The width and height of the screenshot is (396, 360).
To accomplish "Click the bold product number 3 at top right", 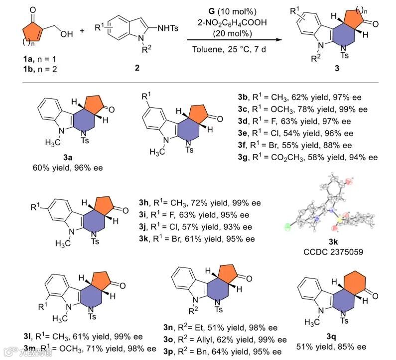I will (x=338, y=70).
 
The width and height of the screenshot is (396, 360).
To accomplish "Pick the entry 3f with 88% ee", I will (x=299, y=145).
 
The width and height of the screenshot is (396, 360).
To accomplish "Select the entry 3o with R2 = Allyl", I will (x=225, y=340).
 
